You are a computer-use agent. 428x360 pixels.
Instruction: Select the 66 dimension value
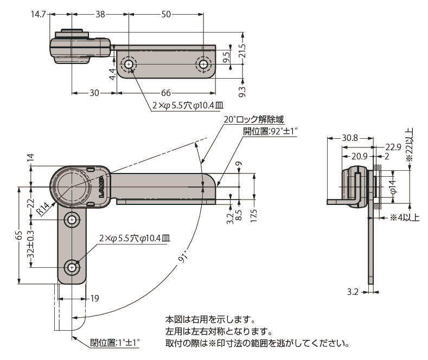[165, 93]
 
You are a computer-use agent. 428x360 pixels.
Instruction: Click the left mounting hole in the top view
[129, 65]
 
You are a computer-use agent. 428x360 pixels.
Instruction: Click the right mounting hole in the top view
[203, 65]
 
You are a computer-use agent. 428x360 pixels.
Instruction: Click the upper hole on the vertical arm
[72, 220]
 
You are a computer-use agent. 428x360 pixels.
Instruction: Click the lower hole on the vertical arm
[72, 267]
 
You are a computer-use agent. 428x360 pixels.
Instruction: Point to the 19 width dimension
[94, 298]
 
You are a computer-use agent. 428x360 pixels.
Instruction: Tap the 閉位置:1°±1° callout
[115, 343]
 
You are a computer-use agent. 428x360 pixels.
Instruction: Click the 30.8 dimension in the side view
[350, 138]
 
